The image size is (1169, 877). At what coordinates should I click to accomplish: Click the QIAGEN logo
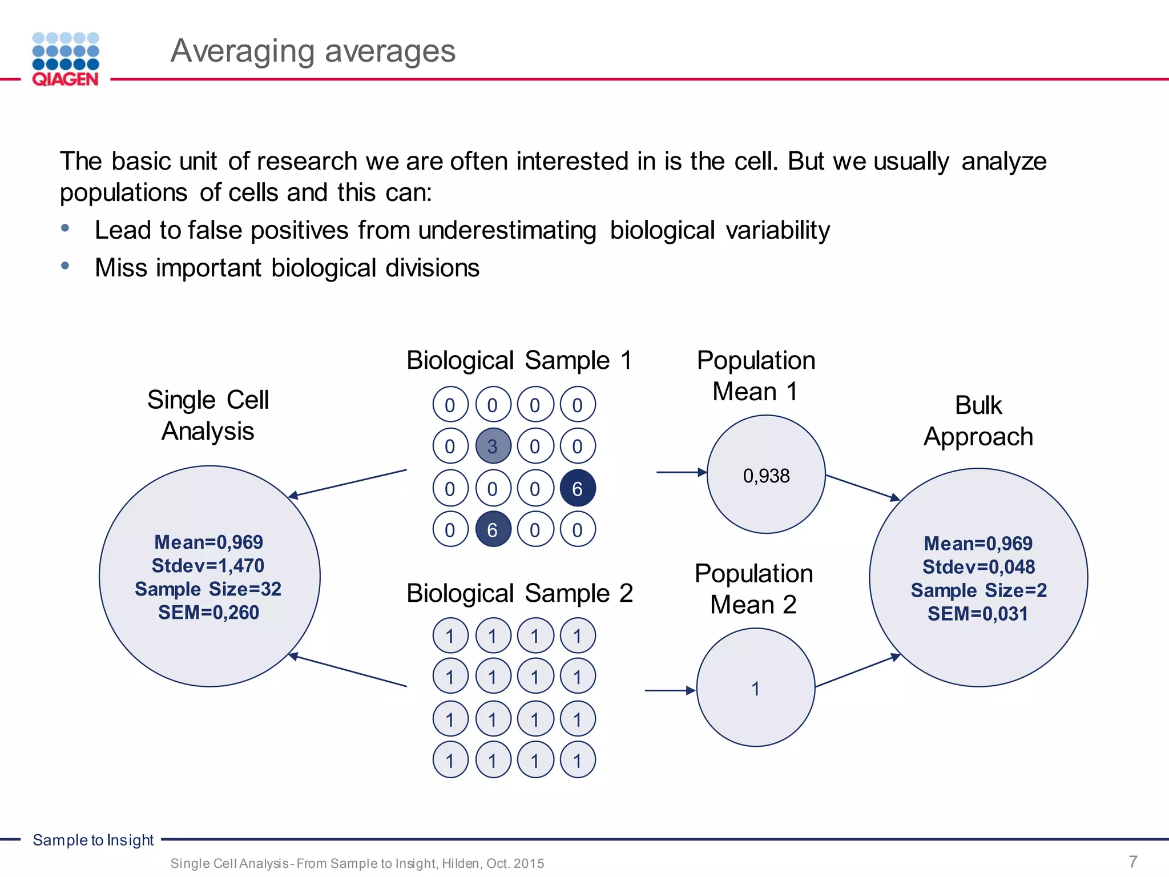66,59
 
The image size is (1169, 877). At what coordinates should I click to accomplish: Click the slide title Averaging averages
313,51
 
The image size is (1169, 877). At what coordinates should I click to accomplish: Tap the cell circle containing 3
493,446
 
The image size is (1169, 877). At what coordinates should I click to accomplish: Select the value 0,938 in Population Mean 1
766,476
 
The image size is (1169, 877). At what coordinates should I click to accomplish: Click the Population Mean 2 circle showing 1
755,688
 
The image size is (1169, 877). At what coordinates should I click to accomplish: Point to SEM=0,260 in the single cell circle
209,613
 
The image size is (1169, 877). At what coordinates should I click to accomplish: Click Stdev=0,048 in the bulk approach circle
978,567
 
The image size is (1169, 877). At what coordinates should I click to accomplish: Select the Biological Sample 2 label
519,593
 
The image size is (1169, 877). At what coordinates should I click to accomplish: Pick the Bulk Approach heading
978,421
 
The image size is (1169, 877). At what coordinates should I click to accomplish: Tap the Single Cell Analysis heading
208,415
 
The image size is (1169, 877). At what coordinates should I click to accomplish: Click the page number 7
1133,861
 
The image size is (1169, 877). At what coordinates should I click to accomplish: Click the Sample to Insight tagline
93,840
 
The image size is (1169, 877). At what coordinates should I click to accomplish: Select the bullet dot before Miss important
65,265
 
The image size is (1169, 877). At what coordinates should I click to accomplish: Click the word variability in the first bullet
778,231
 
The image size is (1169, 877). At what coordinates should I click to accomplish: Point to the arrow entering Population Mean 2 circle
670,690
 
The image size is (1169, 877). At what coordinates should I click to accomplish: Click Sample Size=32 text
208,589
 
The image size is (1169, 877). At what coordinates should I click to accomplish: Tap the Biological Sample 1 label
519,360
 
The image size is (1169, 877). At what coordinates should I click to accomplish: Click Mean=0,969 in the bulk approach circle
978,544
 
